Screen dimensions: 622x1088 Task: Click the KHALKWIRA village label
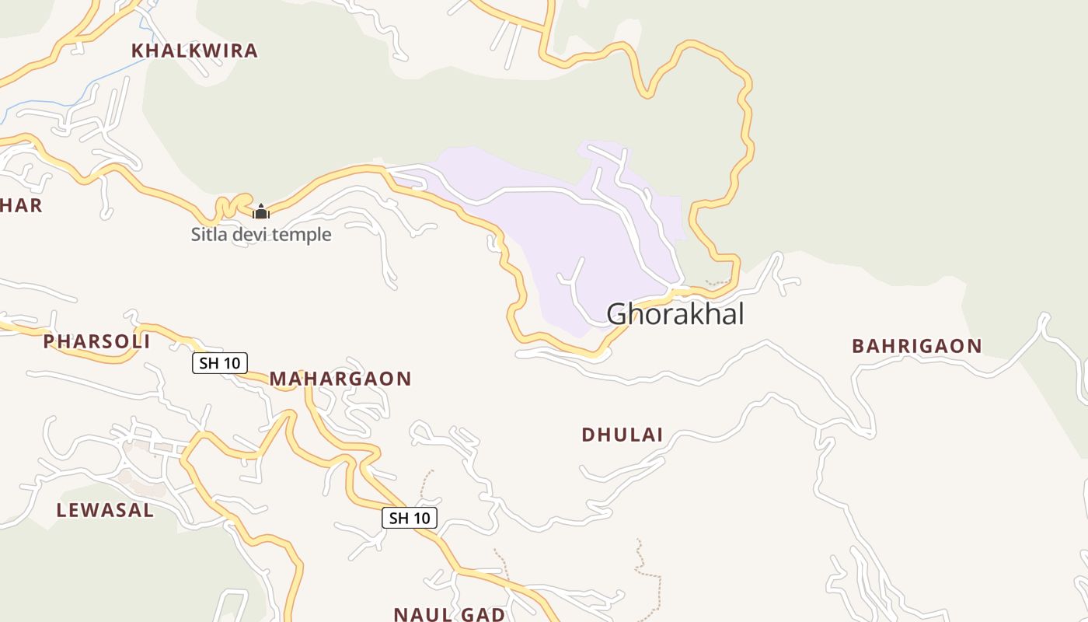click(194, 51)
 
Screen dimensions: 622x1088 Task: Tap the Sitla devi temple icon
click(261, 211)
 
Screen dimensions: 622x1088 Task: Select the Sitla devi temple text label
click(261, 234)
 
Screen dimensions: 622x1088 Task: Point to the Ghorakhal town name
click(675, 314)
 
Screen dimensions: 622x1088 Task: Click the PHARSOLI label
click(96, 341)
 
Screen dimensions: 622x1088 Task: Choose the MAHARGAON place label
click(340, 379)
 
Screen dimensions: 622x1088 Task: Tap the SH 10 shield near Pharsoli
click(220, 362)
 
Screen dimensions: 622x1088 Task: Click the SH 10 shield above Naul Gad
click(410, 518)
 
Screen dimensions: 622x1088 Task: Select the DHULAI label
click(622, 435)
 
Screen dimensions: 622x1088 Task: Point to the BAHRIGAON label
click(917, 346)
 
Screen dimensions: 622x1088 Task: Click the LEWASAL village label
click(105, 510)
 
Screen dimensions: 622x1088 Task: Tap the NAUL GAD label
click(449, 614)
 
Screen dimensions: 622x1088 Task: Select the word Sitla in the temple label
click(208, 234)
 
